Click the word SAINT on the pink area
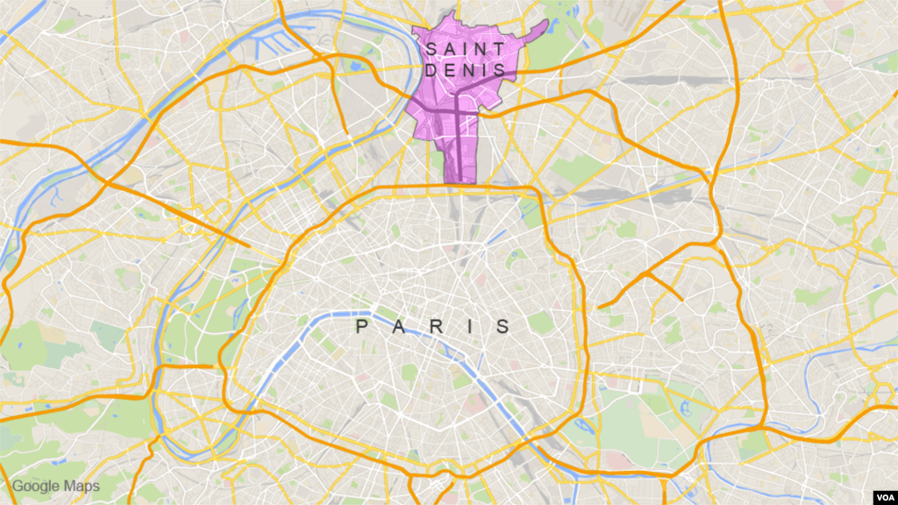(465, 48)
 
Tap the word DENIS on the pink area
(465, 69)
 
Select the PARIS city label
(433, 328)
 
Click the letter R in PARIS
(436, 328)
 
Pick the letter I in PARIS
(471, 328)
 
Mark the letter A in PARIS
(398, 328)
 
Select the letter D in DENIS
(431, 69)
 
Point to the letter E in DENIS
(448, 69)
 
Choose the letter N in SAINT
(482, 48)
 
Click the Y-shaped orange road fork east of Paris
(647, 275)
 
